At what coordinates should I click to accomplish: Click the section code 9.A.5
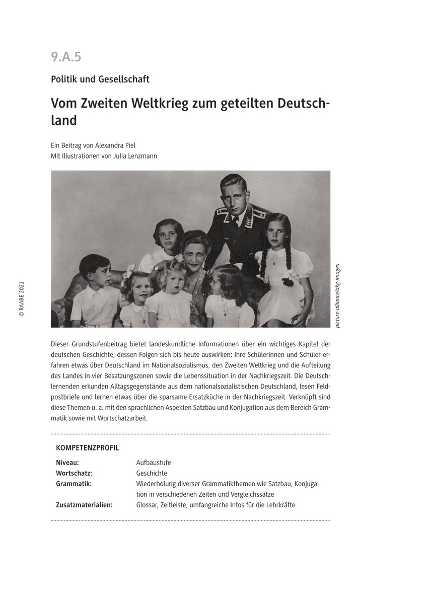[x=66, y=57]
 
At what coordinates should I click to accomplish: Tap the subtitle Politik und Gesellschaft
[x=100, y=79]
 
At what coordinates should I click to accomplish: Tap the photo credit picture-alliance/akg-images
[x=337, y=296]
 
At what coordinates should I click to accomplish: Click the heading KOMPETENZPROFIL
[x=87, y=447]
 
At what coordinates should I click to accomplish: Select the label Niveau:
[x=67, y=463]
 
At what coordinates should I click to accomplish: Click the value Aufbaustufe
[x=154, y=463]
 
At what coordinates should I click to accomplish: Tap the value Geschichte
[x=152, y=473]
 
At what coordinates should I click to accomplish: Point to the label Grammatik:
[x=74, y=484]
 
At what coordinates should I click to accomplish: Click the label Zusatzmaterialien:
[x=84, y=505]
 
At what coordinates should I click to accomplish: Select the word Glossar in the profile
[x=147, y=505]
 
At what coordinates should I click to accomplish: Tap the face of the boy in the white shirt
[x=97, y=272]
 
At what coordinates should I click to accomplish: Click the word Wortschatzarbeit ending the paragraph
[x=124, y=418]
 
